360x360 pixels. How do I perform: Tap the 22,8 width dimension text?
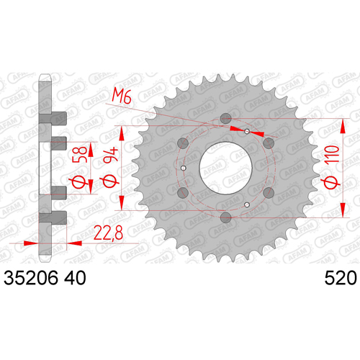pos(108,233)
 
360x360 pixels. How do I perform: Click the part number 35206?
pos(31,278)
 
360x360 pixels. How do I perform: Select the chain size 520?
pos(341,278)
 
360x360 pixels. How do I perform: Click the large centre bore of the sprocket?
pos(225,168)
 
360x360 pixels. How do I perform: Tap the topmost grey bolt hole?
pos(225,118)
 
